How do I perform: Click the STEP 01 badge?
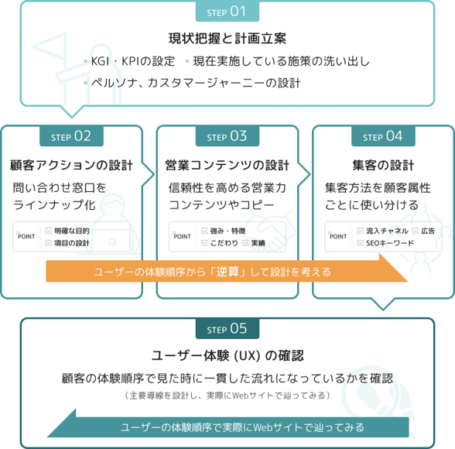(x=227, y=12)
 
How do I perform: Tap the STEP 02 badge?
(x=71, y=136)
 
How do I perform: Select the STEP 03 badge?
(x=227, y=136)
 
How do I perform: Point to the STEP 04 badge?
(x=383, y=136)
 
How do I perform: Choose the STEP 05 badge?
(x=227, y=328)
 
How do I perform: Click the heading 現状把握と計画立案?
(x=227, y=39)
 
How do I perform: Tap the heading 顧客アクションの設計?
(x=71, y=166)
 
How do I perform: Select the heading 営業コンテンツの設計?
(x=227, y=166)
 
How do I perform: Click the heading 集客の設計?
(x=383, y=166)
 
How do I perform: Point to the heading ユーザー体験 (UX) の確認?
(x=227, y=356)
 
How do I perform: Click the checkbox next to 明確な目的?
(x=49, y=231)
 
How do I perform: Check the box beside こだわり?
(x=204, y=243)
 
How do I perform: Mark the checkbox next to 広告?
(x=416, y=231)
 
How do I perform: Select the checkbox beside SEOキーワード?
(x=361, y=243)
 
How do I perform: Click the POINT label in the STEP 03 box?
(x=182, y=236)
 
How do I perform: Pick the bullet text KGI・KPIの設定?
(x=133, y=61)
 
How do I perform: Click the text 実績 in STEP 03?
(x=258, y=243)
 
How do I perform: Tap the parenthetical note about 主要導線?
(x=227, y=396)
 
